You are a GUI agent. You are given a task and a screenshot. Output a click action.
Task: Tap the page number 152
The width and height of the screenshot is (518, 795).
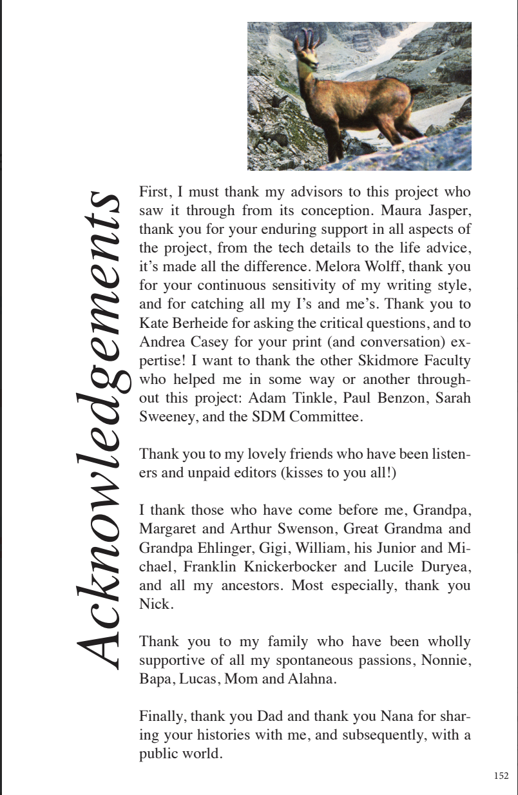click(501, 776)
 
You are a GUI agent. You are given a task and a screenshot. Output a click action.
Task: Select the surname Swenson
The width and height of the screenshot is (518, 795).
click(311, 529)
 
